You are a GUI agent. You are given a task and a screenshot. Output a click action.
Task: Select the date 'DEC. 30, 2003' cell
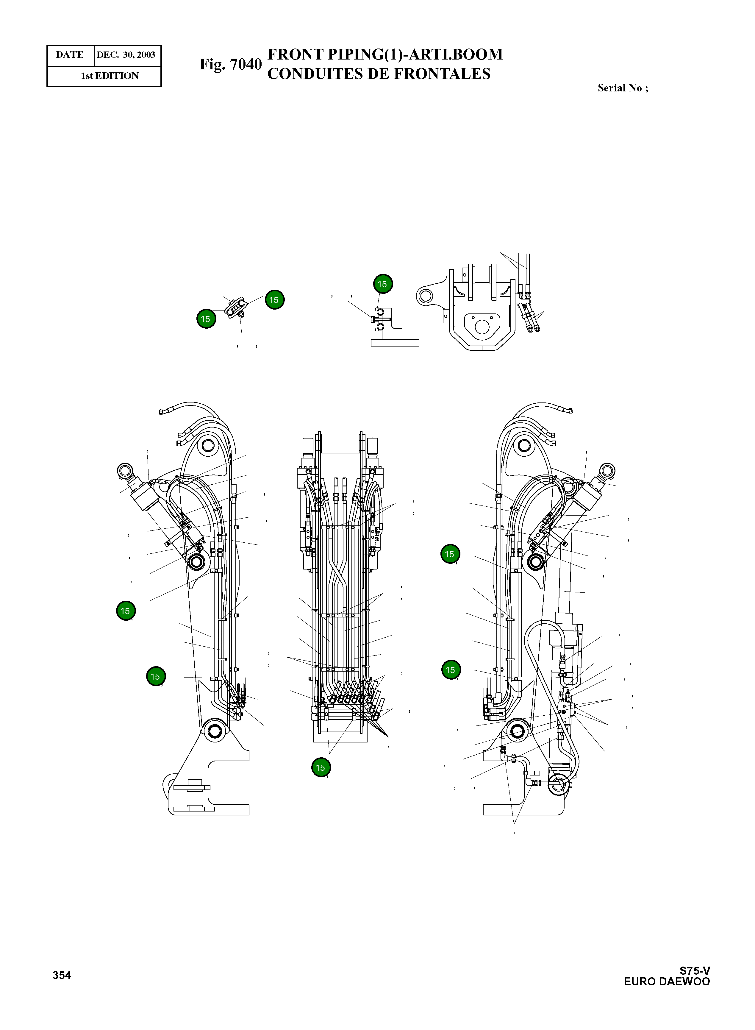point(126,55)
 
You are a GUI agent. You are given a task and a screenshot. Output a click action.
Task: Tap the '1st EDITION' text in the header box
point(110,76)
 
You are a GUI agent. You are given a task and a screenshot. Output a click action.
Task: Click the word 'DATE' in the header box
point(69,55)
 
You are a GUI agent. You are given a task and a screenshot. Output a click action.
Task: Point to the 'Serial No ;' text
point(623,88)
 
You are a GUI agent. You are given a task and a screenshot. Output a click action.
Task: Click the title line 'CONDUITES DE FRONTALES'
point(379,74)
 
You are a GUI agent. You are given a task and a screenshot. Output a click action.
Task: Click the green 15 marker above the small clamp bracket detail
point(382,284)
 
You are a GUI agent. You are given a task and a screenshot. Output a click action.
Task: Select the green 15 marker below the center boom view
point(321,767)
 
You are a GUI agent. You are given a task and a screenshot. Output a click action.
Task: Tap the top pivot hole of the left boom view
point(207,445)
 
